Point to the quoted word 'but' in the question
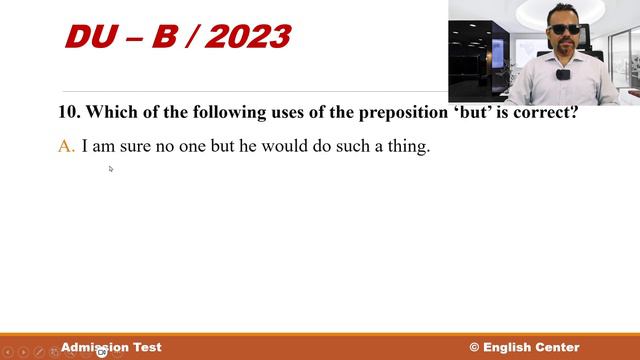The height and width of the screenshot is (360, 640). click(x=434, y=112)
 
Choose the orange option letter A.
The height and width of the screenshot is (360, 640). click(x=66, y=147)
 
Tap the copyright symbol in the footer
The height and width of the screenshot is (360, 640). click(x=474, y=347)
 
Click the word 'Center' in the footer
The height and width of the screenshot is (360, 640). click(x=558, y=347)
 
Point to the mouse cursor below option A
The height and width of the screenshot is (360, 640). click(x=110, y=169)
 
